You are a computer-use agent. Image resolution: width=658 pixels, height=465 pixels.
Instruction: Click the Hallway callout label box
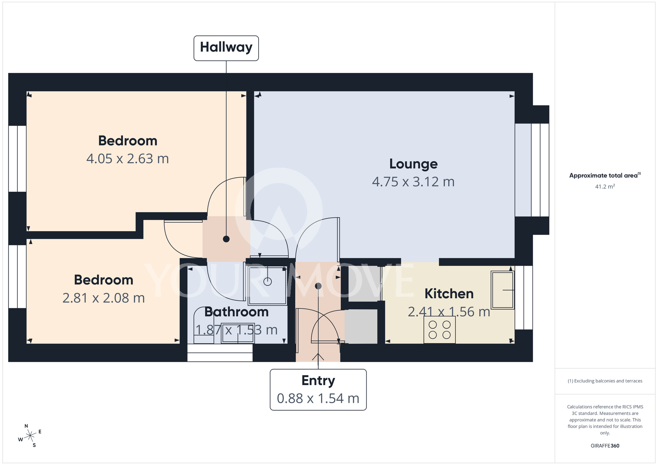pyautogui.click(x=226, y=48)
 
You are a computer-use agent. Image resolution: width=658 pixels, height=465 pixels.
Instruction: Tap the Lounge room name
pyautogui.click(x=413, y=164)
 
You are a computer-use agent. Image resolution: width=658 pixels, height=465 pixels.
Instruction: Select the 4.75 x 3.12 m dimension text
pyautogui.click(x=413, y=182)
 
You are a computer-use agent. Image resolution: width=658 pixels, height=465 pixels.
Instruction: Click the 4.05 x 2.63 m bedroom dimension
pyautogui.click(x=128, y=159)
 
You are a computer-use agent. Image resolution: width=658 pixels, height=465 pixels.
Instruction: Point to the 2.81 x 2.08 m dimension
pyautogui.click(x=104, y=298)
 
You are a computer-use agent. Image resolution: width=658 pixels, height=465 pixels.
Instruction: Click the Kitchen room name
pyautogui.click(x=449, y=294)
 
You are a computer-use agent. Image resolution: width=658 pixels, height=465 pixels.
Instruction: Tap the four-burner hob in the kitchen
pyautogui.click(x=439, y=330)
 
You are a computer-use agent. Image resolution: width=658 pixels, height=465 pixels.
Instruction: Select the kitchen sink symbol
pyautogui.click(x=502, y=290)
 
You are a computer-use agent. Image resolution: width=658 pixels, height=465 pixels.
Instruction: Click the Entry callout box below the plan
pyautogui.click(x=318, y=390)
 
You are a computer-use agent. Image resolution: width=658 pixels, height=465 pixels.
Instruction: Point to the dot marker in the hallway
pyautogui.click(x=226, y=239)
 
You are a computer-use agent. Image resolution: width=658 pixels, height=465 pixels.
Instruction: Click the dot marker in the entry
pyautogui.click(x=318, y=286)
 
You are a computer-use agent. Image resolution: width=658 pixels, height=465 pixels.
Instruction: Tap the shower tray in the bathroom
pyautogui.click(x=267, y=286)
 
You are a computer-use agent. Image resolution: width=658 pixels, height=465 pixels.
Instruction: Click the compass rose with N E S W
pyautogui.click(x=30, y=436)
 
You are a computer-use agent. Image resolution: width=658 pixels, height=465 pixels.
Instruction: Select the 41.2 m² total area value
pyautogui.click(x=605, y=186)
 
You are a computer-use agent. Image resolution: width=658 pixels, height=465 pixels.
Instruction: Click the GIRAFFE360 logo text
pyautogui.click(x=605, y=446)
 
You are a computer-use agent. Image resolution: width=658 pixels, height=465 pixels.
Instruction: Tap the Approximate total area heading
pyautogui.click(x=605, y=175)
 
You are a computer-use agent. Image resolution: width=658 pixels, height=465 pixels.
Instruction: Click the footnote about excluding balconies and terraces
pyautogui.click(x=605, y=381)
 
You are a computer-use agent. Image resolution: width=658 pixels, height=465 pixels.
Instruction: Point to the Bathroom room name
pyautogui.click(x=236, y=312)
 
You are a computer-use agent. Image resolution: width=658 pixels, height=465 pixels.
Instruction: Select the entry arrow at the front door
pyautogui.click(x=318, y=356)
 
